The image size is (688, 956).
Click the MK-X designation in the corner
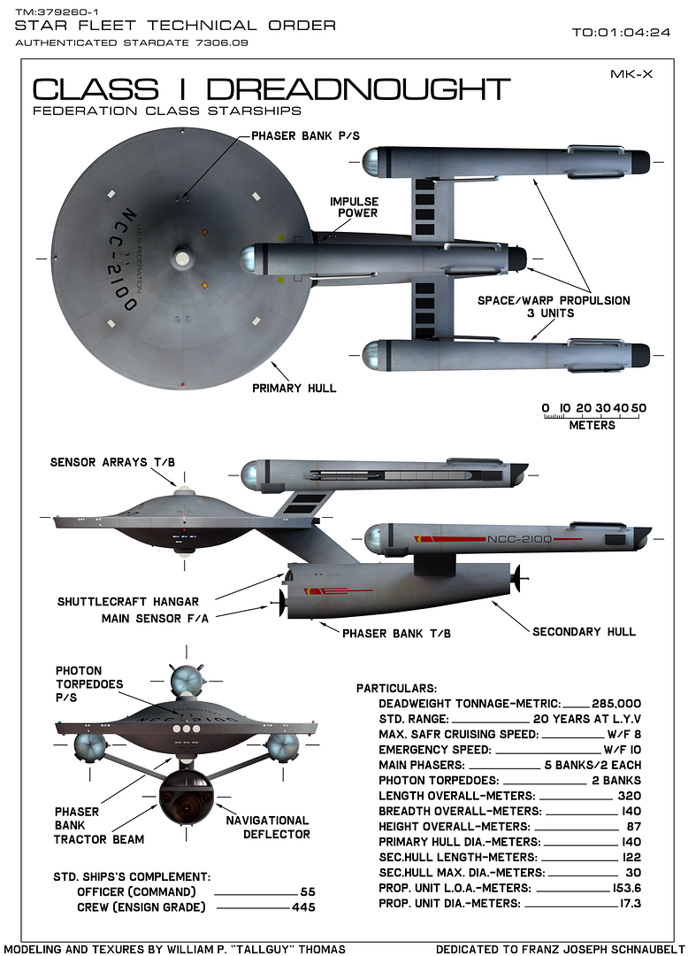(x=631, y=74)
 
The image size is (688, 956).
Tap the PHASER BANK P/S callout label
(x=306, y=135)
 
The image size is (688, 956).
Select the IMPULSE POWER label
(x=354, y=207)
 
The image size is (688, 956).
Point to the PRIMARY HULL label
(x=294, y=388)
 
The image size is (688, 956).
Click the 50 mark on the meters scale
(x=638, y=408)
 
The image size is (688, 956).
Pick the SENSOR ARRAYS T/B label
(x=111, y=462)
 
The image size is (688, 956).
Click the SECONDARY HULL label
(x=584, y=632)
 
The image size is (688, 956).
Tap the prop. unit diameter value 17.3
(x=629, y=904)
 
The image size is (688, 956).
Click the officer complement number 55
(x=308, y=891)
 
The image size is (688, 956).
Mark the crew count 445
(x=303, y=906)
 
